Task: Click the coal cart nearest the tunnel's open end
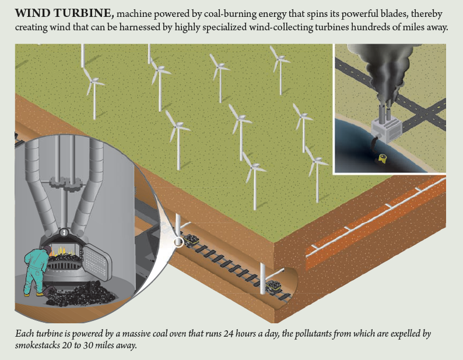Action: (x=272, y=285)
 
